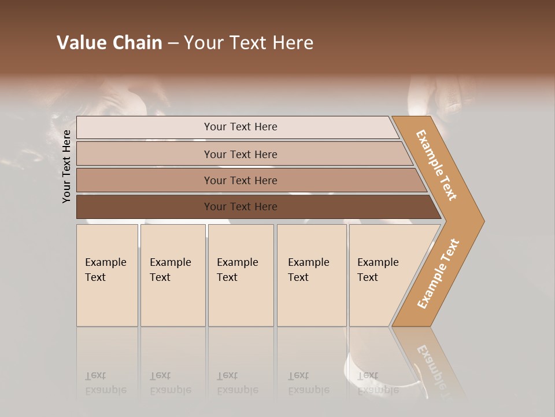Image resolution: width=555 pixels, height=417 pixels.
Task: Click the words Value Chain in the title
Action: pos(109,43)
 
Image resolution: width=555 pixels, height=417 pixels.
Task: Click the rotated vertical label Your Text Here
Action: pos(67,166)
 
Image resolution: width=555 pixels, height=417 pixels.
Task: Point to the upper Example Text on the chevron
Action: pos(436,165)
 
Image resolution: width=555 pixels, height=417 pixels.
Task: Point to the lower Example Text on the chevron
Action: pos(438,274)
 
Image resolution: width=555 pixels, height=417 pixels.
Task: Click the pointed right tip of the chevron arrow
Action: pos(481,221)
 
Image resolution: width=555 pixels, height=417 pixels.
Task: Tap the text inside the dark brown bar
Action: pos(240,207)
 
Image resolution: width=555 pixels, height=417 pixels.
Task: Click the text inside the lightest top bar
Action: pos(240,127)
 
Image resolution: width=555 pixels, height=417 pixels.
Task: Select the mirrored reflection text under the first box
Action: pos(105,383)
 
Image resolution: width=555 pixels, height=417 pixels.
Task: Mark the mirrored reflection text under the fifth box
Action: pos(378,383)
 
